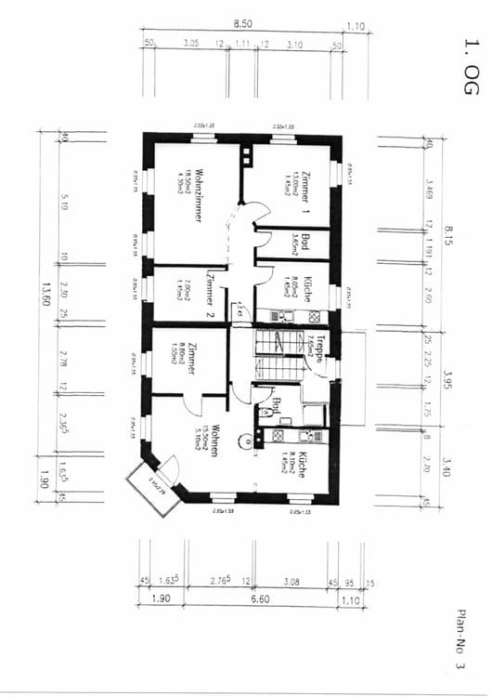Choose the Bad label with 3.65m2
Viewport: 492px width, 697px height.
[x=304, y=243]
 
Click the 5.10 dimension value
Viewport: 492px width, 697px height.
[x=62, y=203]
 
